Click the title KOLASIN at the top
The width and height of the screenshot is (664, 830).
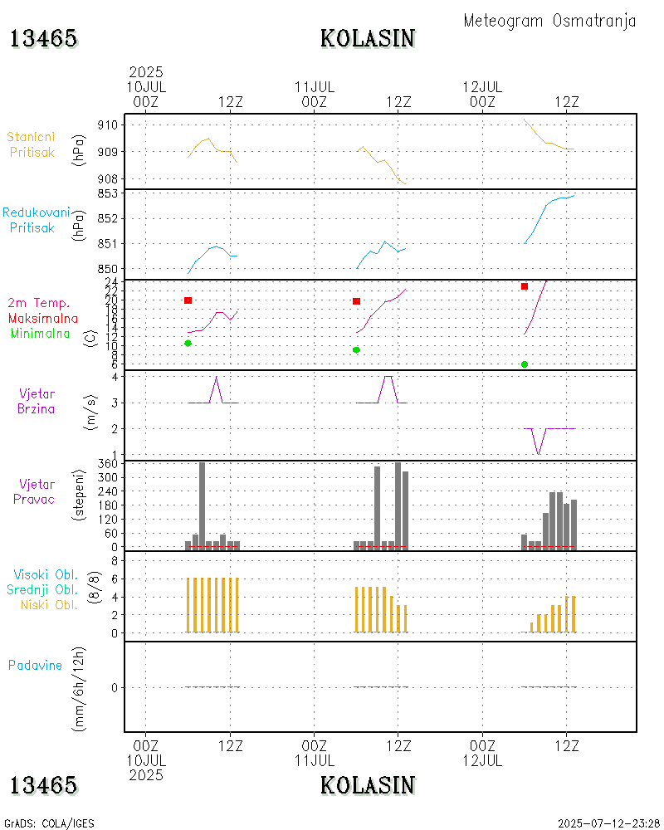coord(368,39)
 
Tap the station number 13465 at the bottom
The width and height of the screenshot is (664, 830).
coord(43,785)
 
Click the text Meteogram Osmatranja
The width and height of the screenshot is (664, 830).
coord(549,21)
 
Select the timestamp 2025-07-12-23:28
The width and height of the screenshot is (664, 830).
coord(608,823)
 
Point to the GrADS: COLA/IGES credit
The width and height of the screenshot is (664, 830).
coord(49,823)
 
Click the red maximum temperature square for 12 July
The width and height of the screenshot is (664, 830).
coord(525,286)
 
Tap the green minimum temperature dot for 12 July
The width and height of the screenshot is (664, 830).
coord(525,364)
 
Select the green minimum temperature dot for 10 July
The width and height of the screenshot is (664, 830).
coord(188,343)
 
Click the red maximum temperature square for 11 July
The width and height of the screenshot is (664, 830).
coord(356,301)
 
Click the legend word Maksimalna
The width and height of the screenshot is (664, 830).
coord(43,318)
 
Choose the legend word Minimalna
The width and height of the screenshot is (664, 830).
coord(41,333)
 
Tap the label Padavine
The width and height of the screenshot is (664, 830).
coord(35,665)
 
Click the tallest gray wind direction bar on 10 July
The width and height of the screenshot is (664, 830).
coord(202,505)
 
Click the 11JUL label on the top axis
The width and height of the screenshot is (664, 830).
coord(314,86)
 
